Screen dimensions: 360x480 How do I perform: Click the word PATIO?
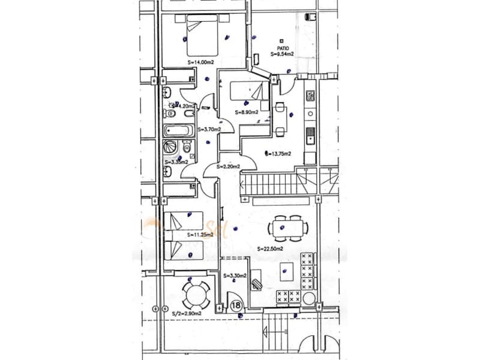284,47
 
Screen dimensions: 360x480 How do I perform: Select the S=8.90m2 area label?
246,112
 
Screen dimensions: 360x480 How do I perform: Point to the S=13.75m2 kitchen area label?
279,154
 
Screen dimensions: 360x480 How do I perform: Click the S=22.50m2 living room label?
269,248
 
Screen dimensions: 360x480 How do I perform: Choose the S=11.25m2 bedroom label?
200,235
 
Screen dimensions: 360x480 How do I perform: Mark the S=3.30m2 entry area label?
234,276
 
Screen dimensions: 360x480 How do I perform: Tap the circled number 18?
236,305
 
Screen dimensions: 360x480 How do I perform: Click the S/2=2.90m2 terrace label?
186,313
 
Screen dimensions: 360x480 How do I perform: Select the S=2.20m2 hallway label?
229,167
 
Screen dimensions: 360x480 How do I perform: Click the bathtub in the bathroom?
178,130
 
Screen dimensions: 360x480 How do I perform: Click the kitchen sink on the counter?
310,136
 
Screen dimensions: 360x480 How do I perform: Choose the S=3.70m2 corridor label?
211,129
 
